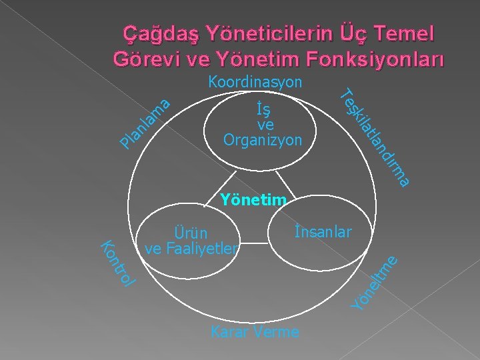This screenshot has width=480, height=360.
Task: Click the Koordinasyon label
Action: tap(255, 83)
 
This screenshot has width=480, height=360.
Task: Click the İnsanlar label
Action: tap(323, 231)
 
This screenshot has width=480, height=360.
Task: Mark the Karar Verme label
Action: tap(255, 332)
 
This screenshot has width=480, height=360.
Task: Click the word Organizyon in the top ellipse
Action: tap(263, 141)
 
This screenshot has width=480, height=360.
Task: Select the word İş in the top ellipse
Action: tap(263, 109)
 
